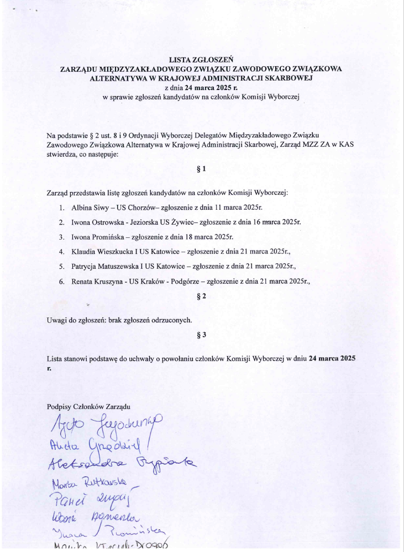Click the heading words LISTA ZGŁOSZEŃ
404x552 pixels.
click(202, 60)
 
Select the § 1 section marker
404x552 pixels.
click(202, 169)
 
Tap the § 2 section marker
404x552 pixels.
click(202, 296)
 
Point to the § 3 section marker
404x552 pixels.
click(202, 335)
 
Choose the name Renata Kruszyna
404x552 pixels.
click(96, 281)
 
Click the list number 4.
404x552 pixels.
click(61, 251)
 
